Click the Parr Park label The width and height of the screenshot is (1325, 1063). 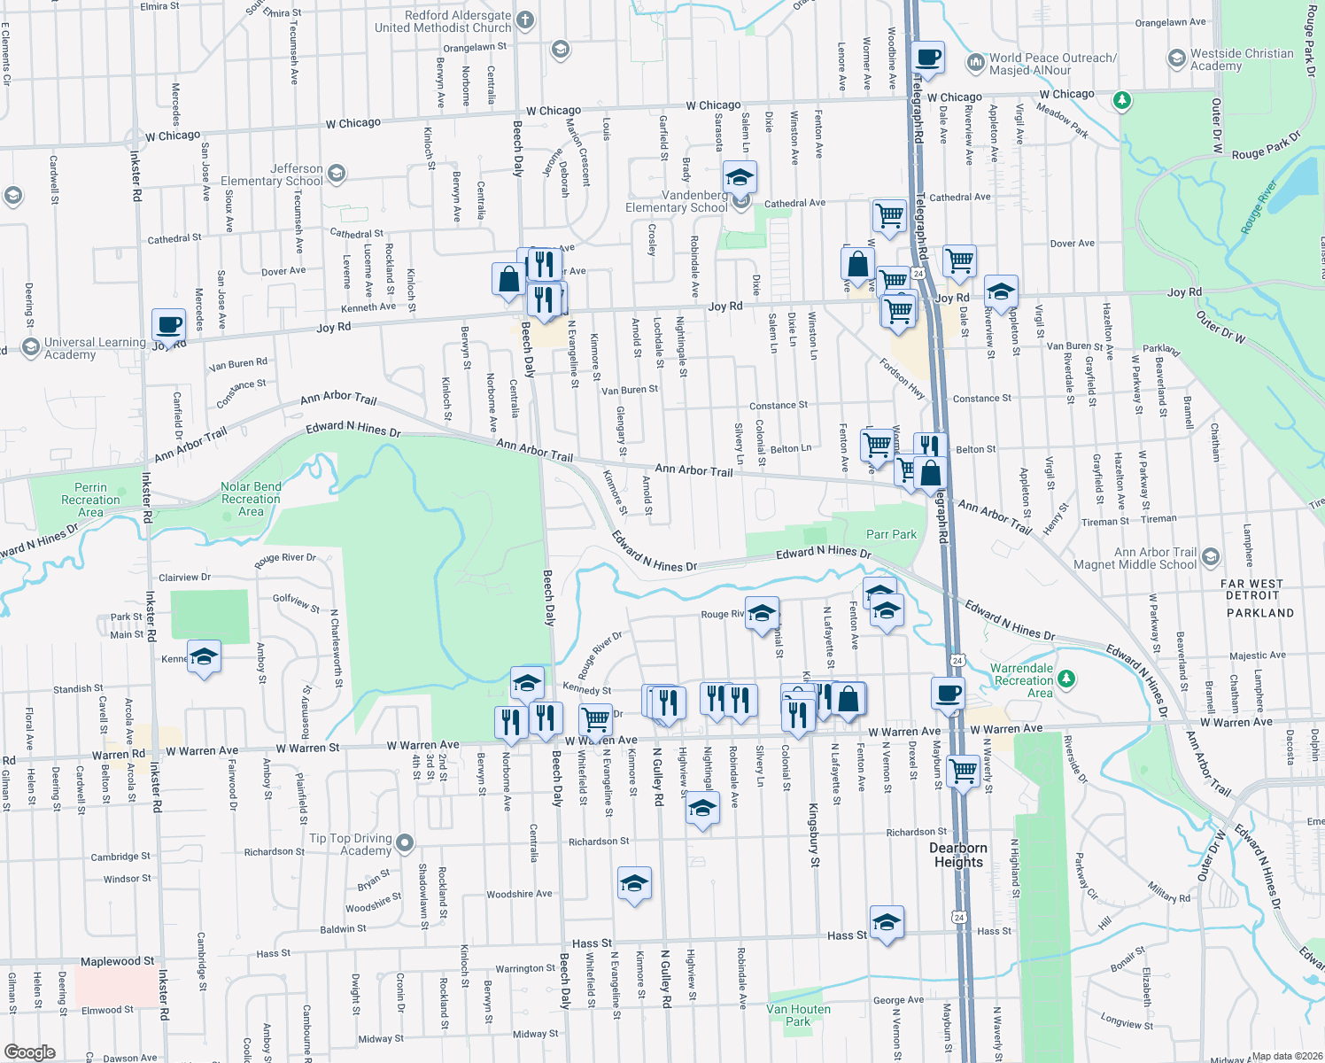point(891,534)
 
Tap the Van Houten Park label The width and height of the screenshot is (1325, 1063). point(798,1015)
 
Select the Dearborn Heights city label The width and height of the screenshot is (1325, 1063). point(958,855)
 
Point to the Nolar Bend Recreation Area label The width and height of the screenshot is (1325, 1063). point(251,499)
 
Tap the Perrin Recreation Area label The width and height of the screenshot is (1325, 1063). point(90,500)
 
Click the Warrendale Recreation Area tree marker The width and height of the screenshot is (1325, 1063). point(1067,679)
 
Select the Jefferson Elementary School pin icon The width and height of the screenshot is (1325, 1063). point(336,174)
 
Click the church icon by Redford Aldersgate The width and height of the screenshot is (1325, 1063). point(525,19)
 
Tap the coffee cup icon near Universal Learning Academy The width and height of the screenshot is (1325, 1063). point(168,325)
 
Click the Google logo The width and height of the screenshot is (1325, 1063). point(30,1051)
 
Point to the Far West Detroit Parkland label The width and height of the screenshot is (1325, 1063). point(1259,598)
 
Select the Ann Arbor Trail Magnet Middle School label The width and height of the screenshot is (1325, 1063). point(1135,558)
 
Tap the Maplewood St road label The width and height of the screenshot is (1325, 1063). point(117,961)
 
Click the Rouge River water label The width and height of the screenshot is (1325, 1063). point(1259,208)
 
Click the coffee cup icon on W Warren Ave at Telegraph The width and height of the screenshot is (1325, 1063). point(948,694)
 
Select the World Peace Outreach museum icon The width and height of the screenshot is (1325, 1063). point(975,62)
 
